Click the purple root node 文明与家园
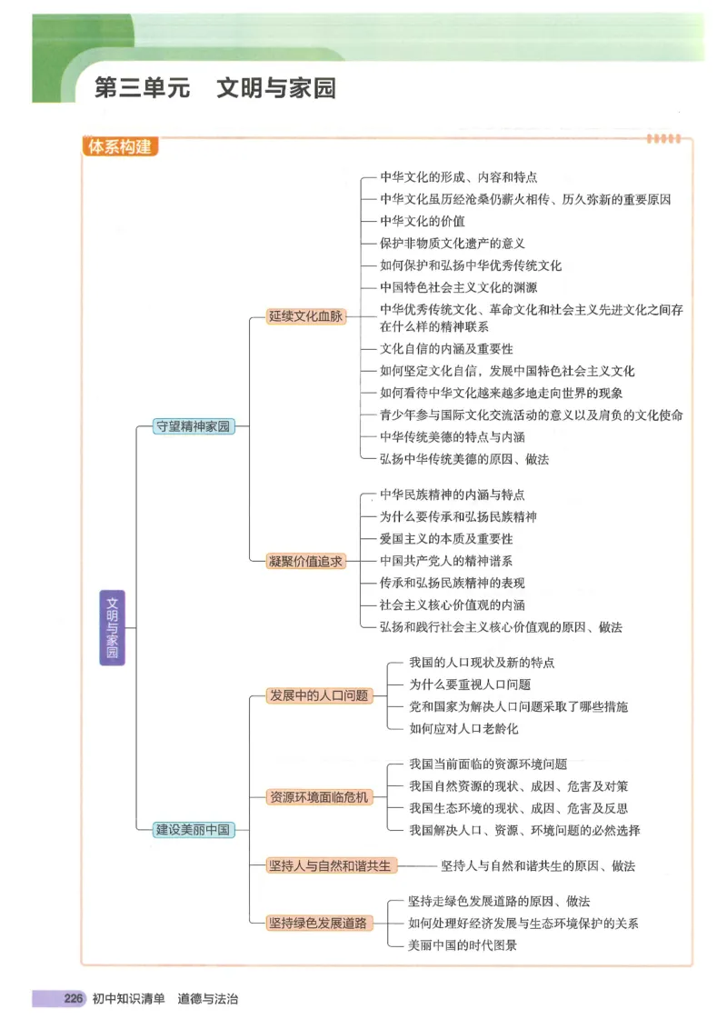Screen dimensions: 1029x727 coord(112,627)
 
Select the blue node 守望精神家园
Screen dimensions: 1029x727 coord(194,426)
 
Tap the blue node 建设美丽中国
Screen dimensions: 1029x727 coord(194,829)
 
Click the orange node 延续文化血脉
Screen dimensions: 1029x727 coord(305,316)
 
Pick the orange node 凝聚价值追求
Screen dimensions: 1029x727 coord(305,561)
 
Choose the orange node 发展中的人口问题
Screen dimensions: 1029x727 coord(318,695)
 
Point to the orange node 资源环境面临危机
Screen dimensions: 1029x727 coord(318,797)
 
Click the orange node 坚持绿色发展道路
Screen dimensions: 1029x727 coord(318,923)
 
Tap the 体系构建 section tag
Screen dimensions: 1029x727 coord(119,147)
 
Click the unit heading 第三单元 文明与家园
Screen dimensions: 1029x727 coord(215,88)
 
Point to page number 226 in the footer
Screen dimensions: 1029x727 coord(74,999)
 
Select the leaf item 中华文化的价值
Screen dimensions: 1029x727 coord(423,221)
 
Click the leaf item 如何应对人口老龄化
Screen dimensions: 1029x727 coord(463,728)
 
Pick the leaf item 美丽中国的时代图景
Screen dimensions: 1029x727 coord(463,945)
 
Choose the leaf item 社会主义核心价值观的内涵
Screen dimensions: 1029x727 coord(452,604)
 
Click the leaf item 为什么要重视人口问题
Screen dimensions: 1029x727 coord(470,684)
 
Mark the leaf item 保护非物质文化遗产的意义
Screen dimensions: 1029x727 coord(453,244)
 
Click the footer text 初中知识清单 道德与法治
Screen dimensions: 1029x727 coord(164,999)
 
